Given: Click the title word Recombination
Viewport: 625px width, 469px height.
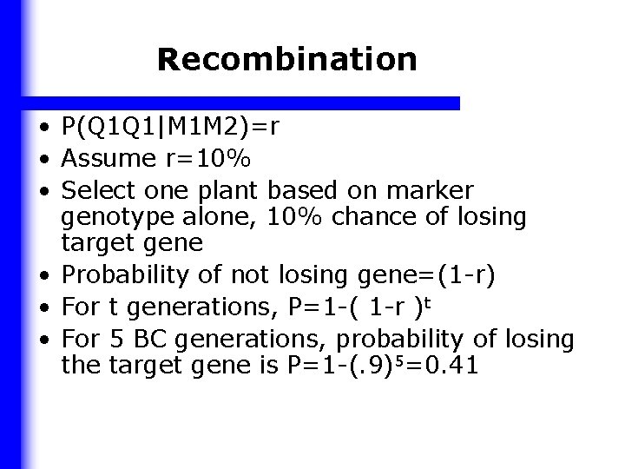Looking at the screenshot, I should [x=287, y=60].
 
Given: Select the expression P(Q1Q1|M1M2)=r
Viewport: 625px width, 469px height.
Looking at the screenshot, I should [x=170, y=129].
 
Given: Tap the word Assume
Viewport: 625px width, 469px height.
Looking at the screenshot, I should [x=109, y=158].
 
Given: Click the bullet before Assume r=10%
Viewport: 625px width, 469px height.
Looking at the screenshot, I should [x=42, y=160].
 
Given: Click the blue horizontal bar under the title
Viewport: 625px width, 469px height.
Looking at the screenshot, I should [x=243, y=102].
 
